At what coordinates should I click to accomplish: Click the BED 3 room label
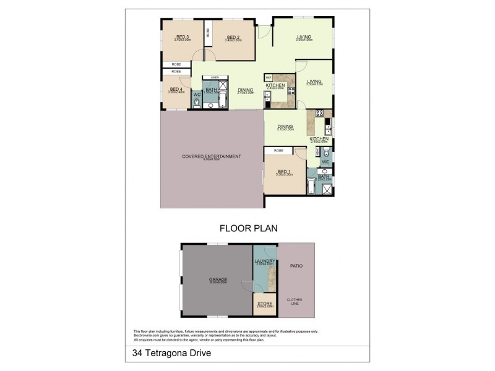[x=182, y=37]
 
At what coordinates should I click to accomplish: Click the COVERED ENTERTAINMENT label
[x=211, y=156]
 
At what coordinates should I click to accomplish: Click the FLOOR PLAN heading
[x=248, y=228]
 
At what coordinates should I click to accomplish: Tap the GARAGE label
[x=218, y=279]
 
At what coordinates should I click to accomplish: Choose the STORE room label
[x=264, y=304]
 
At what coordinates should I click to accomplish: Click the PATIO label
[x=296, y=266]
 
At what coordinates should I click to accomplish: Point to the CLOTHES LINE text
[x=296, y=302]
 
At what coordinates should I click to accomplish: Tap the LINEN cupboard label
[x=215, y=77]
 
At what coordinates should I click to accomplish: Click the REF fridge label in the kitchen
[x=260, y=77]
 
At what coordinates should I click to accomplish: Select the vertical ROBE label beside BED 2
[x=208, y=33]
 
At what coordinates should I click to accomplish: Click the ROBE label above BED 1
[x=278, y=150]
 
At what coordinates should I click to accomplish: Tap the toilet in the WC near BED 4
[x=196, y=103]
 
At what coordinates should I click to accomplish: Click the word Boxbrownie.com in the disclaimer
[x=146, y=335]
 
